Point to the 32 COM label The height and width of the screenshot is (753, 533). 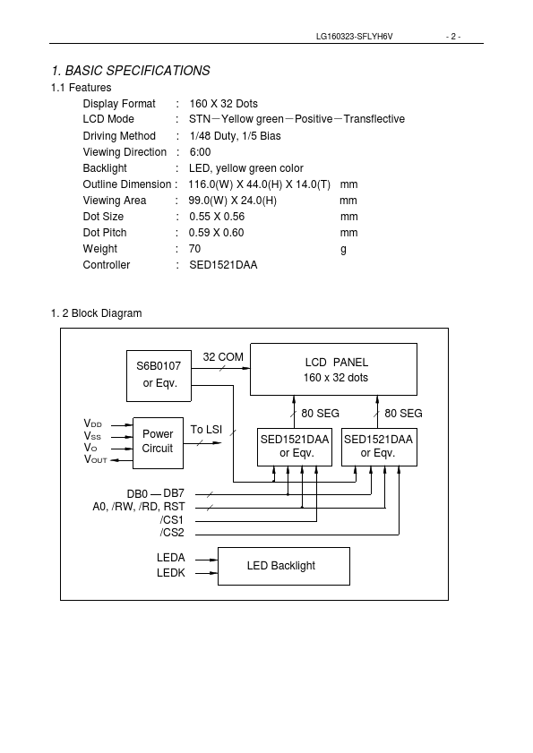223,357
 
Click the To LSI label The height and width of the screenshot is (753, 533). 206,429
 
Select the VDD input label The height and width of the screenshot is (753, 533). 93,424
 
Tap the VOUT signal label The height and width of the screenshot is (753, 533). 95,459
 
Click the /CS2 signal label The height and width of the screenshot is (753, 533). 172,533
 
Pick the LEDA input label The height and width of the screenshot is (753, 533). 170,558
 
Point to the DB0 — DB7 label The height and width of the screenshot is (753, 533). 156,493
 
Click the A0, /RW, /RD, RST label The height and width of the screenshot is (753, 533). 139,507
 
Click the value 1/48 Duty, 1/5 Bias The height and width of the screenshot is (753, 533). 235,136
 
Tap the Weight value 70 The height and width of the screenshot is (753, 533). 194,249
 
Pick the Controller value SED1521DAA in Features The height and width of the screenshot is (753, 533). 223,265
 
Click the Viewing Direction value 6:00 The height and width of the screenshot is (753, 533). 200,152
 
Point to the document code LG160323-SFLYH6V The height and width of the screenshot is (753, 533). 354,37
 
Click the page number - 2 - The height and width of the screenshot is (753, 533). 453,37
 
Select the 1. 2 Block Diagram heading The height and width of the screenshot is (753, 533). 96,313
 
